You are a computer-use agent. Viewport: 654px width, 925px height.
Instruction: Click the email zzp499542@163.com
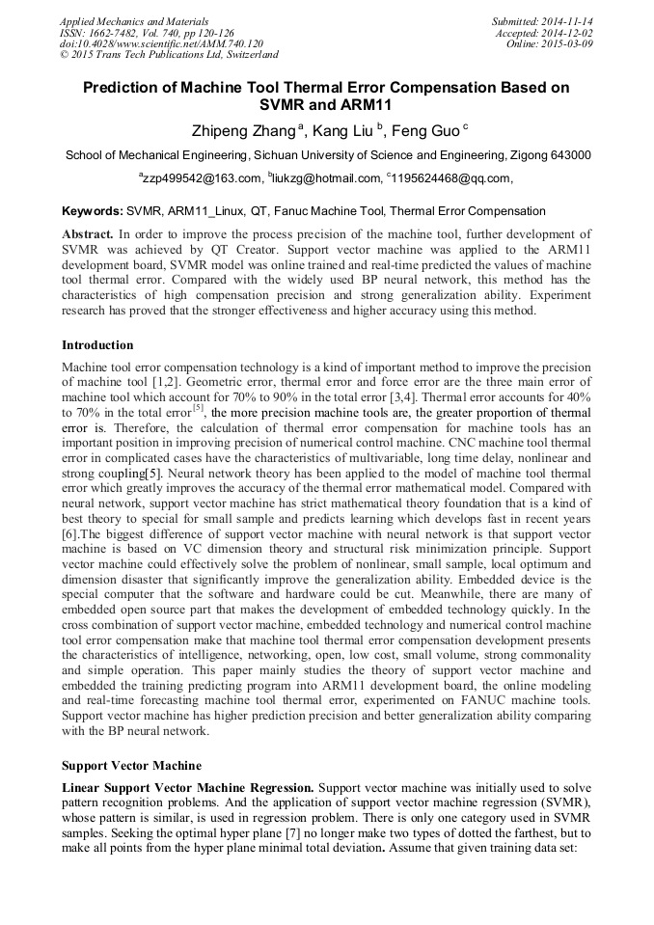pos(203,178)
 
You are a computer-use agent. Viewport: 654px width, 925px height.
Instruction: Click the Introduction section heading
pos(97,345)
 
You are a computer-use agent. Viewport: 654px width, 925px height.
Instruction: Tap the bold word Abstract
pos(88,234)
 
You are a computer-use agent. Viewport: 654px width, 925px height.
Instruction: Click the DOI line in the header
pos(161,43)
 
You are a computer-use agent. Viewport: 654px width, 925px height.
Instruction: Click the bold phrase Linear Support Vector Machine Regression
pos(187,789)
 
